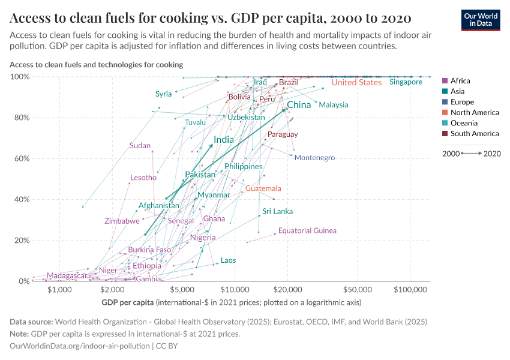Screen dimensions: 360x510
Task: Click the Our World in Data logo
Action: coord(481,19)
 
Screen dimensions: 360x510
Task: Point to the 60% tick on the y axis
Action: coord(20,158)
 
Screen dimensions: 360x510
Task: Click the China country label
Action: coord(299,105)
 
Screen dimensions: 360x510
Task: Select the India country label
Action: coord(224,140)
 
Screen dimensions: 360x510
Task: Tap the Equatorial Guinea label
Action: coord(307,230)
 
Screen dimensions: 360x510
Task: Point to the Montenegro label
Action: coord(314,158)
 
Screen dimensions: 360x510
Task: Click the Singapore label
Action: coord(406,82)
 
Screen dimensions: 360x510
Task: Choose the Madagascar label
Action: coord(67,275)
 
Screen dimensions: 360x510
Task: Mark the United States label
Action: coord(356,83)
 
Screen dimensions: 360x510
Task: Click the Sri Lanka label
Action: coord(277,211)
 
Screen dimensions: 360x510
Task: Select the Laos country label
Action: coord(228,260)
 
